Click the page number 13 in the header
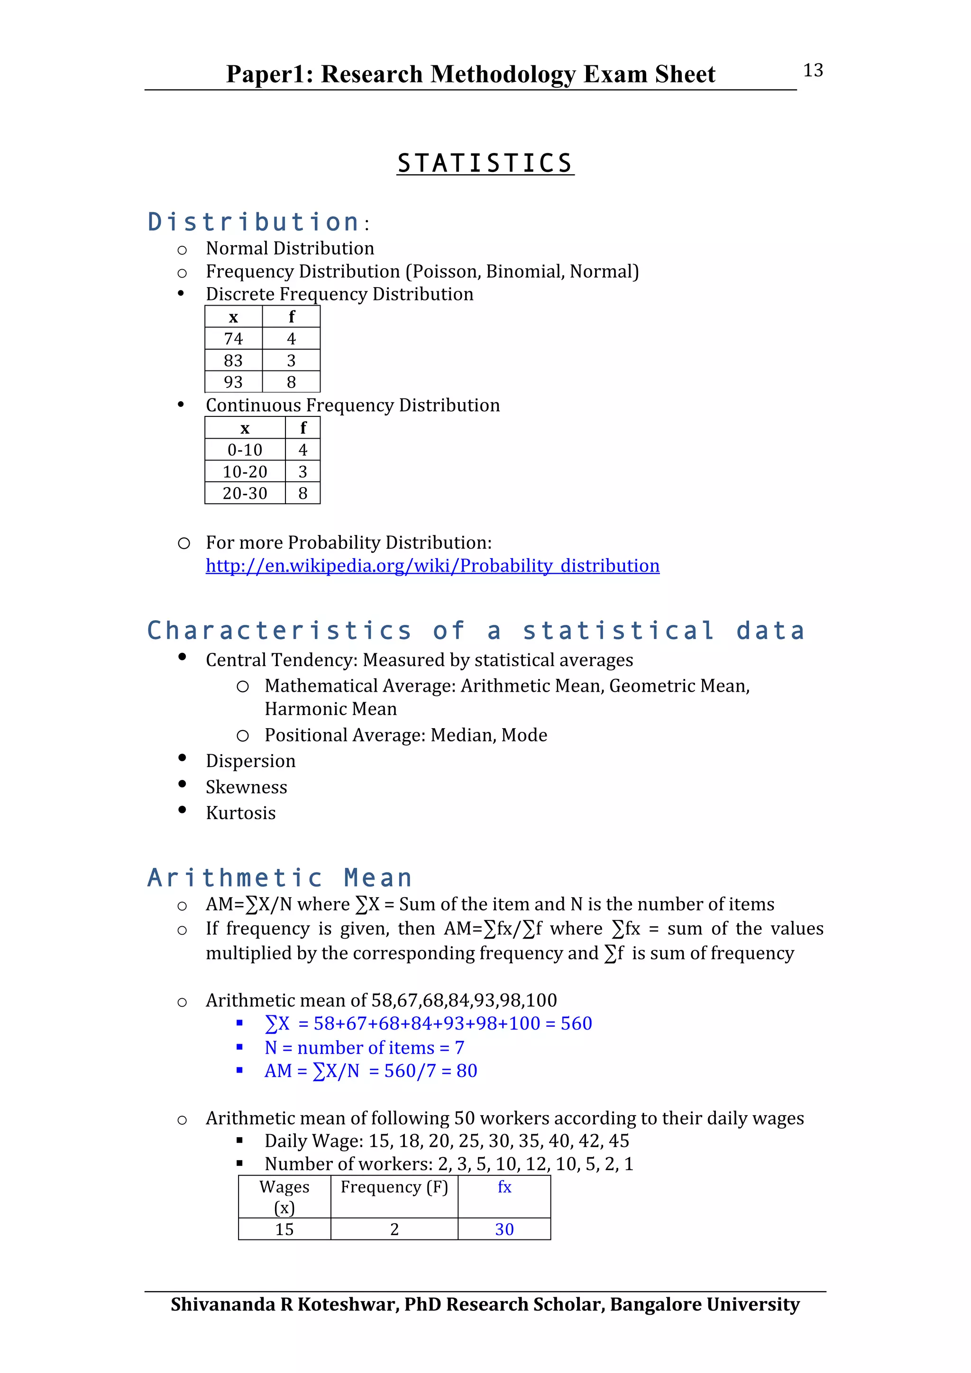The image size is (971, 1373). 813,71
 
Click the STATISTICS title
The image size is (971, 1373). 485,163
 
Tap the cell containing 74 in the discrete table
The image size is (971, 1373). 233,338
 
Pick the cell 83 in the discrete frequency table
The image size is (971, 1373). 233,361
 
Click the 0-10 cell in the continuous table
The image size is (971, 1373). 245,450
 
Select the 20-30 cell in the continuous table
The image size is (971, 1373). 245,493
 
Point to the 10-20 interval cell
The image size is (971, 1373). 245,472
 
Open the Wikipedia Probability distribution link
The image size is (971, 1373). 432,566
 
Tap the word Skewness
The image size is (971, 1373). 246,787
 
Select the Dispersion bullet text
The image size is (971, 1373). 250,761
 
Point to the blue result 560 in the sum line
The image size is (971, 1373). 576,1023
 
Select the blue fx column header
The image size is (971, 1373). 504,1186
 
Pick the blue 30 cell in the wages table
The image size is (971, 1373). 504,1229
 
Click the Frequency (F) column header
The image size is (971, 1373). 394,1186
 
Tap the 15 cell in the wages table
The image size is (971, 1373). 284,1229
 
